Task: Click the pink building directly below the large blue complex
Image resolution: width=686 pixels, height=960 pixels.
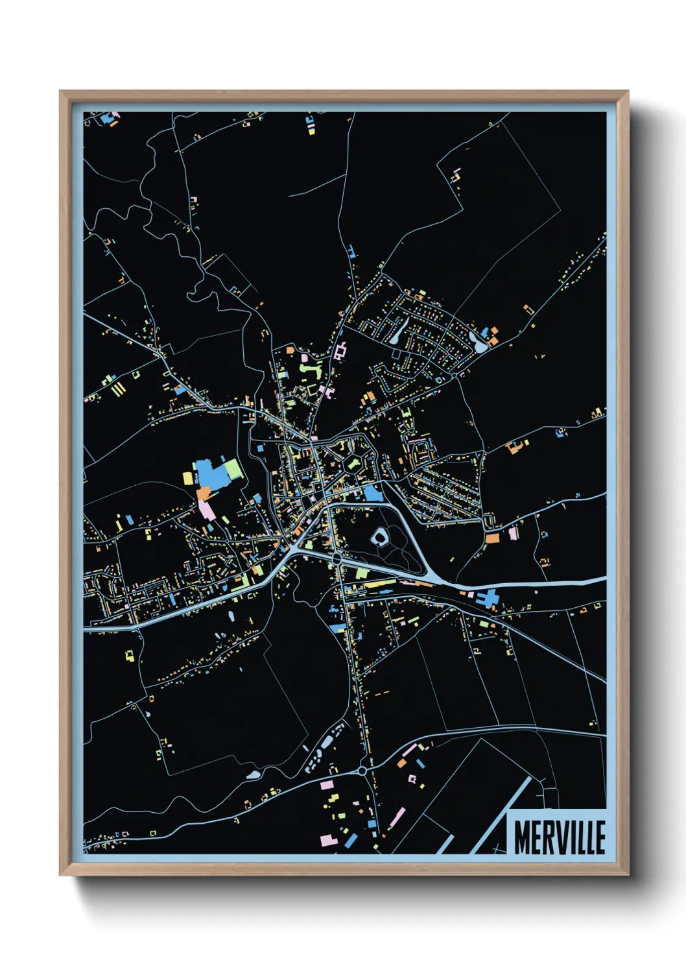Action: click(x=207, y=509)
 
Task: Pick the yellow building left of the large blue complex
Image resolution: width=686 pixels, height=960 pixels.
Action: click(x=187, y=478)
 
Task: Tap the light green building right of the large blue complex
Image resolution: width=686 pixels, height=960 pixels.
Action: click(x=231, y=468)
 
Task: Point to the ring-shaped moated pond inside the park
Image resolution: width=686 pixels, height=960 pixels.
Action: click(x=379, y=536)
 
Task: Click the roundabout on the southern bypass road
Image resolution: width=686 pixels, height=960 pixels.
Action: click(x=361, y=771)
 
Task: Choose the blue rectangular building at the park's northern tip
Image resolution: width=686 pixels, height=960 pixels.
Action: click(x=373, y=494)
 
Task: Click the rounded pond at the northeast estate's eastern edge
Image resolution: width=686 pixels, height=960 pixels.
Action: click(x=480, y=345)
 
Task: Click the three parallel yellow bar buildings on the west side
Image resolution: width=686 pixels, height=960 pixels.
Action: click(x=119, y=389)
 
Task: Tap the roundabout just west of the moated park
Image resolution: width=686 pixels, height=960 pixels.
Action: click(x=337, y=558)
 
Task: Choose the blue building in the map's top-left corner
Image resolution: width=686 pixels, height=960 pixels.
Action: click(x=107, y=118)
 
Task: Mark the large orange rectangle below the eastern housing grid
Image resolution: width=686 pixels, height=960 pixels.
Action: click(x=493, y=538)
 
